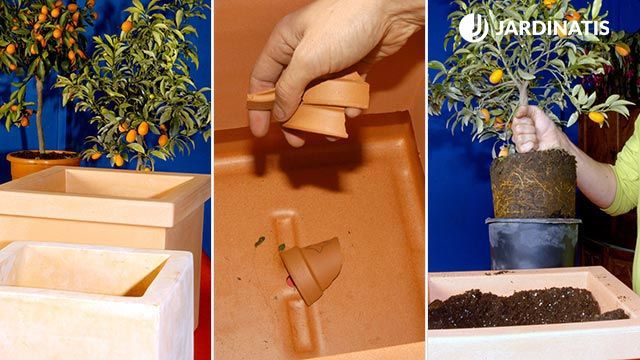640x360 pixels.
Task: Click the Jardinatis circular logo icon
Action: click(x=473, y=28)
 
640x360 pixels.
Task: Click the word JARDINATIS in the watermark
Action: click(x=552, y=28)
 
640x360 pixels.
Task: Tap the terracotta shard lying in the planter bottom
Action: click(x=312, y=271)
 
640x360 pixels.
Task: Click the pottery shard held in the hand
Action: click(x=318, y=105)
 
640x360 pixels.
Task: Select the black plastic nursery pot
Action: click(x=533, y=243)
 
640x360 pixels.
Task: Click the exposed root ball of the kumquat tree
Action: click(x=533, y=184)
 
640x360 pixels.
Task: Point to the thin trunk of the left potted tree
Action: click(x=40, y=115)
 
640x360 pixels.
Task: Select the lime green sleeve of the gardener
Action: click(x=624, y=180)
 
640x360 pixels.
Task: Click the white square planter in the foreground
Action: click(x=96, y=300)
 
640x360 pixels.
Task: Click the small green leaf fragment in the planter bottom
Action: click(x=260, y=241)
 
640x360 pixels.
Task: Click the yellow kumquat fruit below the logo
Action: click(x=496, y=76)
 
